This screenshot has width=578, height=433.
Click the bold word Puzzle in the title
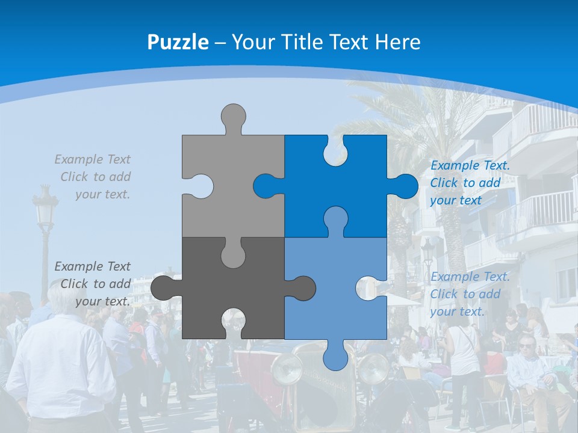click(178, 42)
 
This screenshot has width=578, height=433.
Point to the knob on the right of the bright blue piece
click(405, 186)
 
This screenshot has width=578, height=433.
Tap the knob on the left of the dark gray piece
click(163, 288)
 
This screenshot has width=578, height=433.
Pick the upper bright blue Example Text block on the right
click(469, 183)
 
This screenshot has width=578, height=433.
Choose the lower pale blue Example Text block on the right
click(469, 294)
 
